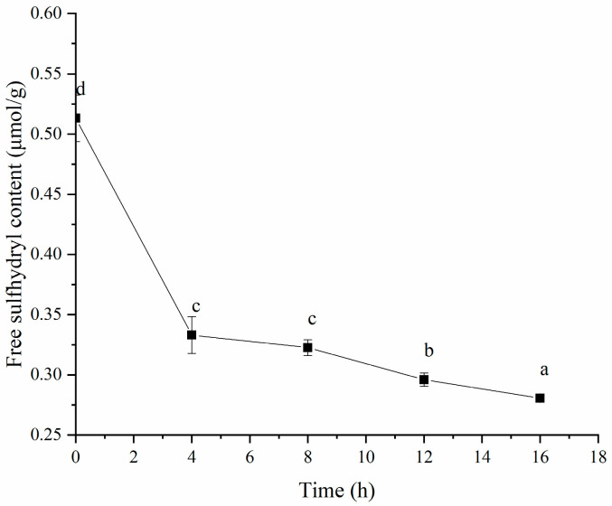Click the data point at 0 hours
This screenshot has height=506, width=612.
click(x=76, y=118)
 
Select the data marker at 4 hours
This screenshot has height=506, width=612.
click(x=192, y=335)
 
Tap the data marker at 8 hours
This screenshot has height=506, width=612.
click(x=307, y=347)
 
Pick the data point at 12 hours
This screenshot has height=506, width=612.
click(x=424, y=379)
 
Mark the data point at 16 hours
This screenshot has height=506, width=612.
click(x=540, y=398)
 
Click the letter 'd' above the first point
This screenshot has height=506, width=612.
click(x=80, y=89)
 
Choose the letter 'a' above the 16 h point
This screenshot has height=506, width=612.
click(x=544, y=370)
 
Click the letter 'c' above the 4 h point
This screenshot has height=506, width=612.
click(x=196, y=305)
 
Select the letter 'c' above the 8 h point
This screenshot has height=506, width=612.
click(x=312, y=319)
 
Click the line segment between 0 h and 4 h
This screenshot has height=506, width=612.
click(x=134, y=227)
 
